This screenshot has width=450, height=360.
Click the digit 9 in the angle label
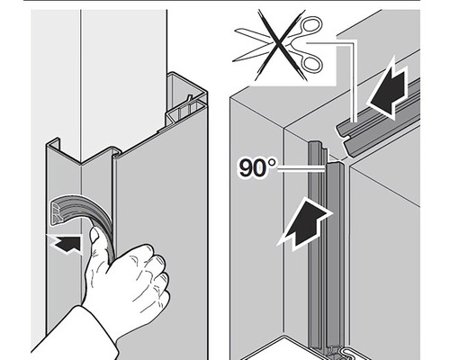pos(248,168)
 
